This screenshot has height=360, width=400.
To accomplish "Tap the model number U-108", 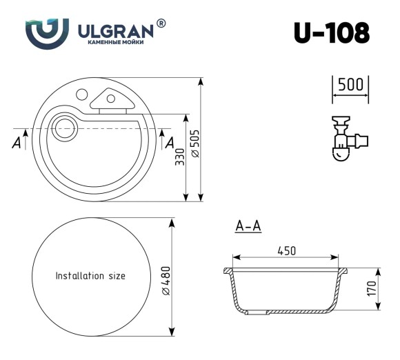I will tap(332, 32).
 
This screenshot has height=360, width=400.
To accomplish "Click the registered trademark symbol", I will tap(161, 23).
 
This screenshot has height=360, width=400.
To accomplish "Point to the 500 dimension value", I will tap(351, 86).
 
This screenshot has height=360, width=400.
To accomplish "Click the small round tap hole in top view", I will tap(81, 94).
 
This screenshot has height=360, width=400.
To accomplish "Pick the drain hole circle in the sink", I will tap(64, 128).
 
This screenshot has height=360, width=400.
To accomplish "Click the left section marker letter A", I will tap(15, 143).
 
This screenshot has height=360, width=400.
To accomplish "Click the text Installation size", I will tap(90, 276).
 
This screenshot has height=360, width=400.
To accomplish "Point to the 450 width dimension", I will tap(286, 252).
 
